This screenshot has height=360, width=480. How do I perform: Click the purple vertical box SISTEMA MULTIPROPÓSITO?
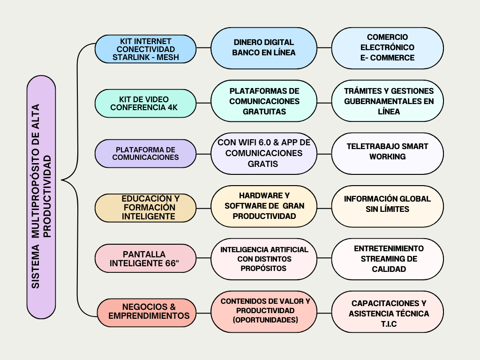tap(41, 197)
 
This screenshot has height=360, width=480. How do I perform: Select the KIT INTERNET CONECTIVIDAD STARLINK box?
tap(145, 49)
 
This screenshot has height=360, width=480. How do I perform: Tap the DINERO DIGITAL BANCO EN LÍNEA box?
tap(264, 48)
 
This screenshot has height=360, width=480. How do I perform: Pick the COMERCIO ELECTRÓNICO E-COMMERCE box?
tap(388, 48)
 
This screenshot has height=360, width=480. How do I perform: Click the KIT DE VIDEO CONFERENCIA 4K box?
tap(145, 104)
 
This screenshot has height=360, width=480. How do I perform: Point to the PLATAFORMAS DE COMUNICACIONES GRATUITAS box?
tap(264, 101)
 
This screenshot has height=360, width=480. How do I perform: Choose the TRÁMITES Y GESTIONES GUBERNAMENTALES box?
tap(388, 101)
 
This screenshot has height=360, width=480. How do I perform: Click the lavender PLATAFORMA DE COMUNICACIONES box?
tap(145, 154)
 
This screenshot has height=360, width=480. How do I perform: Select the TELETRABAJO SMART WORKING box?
tap(388, 154)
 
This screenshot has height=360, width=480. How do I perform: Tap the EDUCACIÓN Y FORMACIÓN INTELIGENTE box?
tap(145, 208)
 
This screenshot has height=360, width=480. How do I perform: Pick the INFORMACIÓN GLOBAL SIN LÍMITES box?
tap(388, 206)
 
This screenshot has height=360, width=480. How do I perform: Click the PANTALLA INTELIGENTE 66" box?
tap(145, 258)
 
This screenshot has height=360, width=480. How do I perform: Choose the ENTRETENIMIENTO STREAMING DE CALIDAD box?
tap(388, 259)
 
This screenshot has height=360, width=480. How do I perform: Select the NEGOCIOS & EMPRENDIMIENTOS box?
tap(147, 313)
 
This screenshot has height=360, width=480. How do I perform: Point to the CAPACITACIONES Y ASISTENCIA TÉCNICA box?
tap(388, 312)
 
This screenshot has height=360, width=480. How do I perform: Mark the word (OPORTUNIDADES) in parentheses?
tap(265, 320)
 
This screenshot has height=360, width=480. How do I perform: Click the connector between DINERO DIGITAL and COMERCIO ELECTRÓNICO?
tap(324, 48)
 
